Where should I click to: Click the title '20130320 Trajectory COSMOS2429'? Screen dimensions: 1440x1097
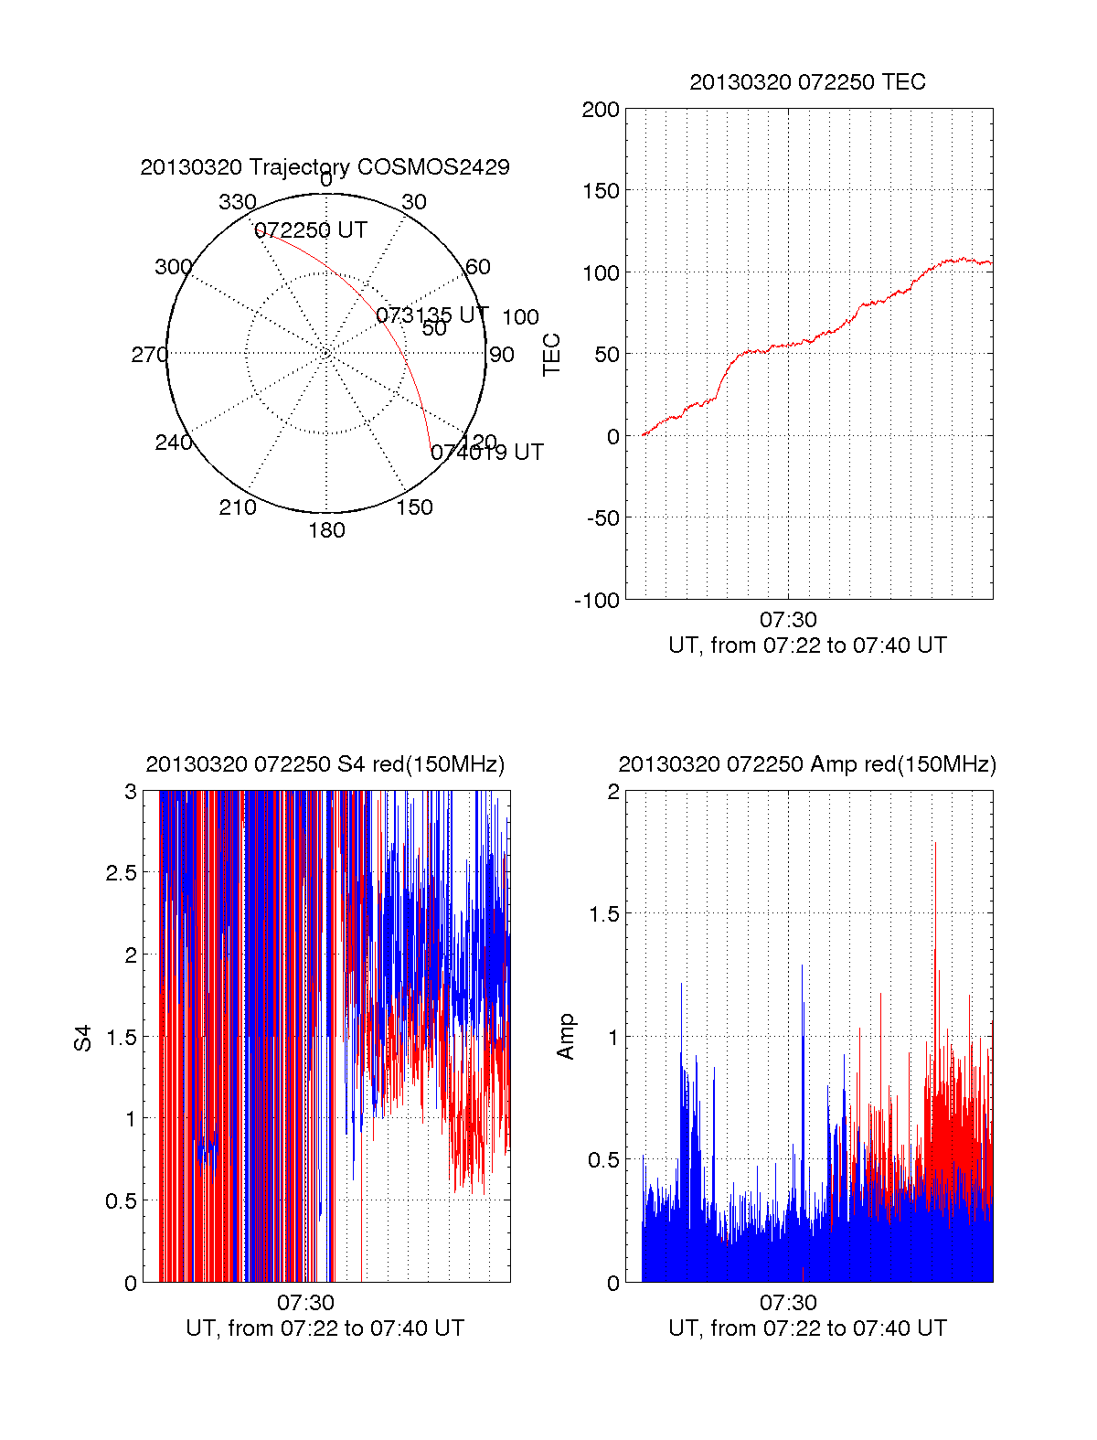coord(325,167)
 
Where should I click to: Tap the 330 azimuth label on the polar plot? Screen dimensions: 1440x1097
coord(238,202)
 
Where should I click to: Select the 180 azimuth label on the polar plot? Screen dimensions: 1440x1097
coord(326,530)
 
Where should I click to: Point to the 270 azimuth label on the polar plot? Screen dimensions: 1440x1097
coord(150,355)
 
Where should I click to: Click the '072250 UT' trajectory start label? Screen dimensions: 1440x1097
coord(311,230)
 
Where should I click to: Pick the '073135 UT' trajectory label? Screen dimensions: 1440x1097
coord(432,315)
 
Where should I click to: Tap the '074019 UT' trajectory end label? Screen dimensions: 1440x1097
coord(487,453)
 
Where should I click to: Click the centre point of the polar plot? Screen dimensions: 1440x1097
coord(326,353)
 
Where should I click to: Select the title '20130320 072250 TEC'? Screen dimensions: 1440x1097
coord(807,82)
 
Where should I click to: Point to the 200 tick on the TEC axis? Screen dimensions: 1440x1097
coord(601,110)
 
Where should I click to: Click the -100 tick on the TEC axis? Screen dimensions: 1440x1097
coord(597,601)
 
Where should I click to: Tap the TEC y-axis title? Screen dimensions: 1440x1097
coord(552,355)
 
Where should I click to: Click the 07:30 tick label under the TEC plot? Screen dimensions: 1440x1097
coord(788,621)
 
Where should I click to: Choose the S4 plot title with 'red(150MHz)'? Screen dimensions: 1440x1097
coord(325,764)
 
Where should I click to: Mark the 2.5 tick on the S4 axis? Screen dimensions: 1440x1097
coord(121,873)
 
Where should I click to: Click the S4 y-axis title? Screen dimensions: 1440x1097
coord(83,1039)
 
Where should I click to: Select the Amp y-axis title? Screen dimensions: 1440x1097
coord(566,1037)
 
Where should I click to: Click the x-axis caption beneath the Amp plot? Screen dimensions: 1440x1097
coord(807,1328)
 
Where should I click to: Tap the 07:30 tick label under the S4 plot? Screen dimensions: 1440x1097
coord(305,1303)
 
